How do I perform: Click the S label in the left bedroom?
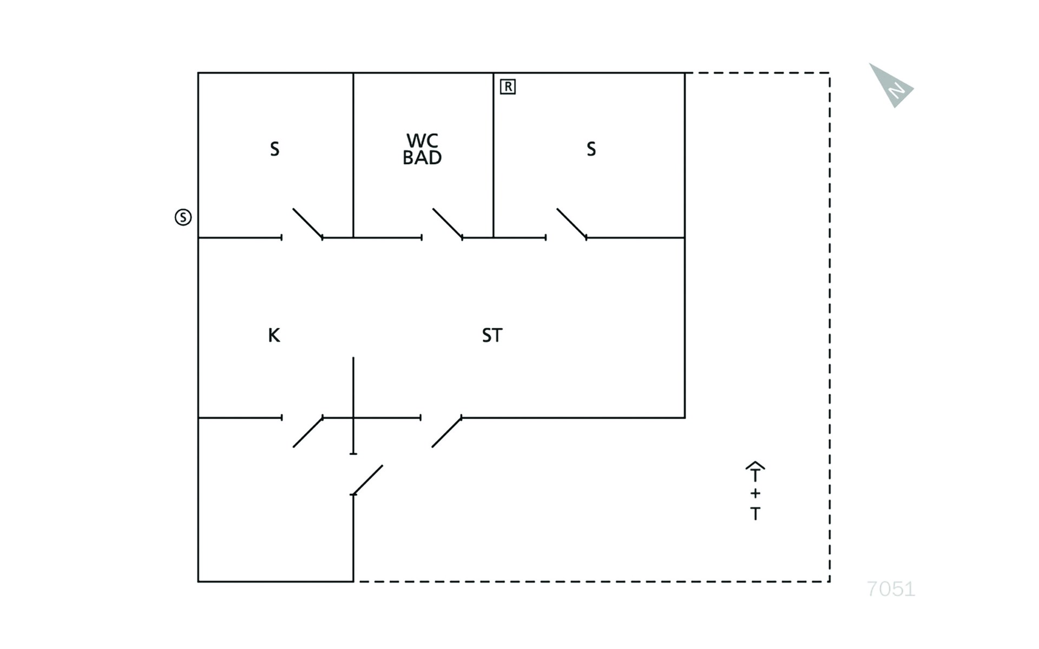(275, 149)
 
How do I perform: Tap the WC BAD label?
(422, 149)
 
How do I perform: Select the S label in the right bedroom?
(591, 149)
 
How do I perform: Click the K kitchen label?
(274, 335)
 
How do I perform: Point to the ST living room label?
(492, 335)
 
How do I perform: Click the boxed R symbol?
(508, 87)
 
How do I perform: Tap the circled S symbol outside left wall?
(183, 217)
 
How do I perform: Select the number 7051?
(891, 589)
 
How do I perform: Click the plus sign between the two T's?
(755, 493)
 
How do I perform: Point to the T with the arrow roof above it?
(755, 472)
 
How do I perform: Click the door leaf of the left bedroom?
(308, 223)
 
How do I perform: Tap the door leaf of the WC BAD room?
(448, 223)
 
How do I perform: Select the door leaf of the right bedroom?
(572, 223)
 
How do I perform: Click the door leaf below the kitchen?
(308, 432)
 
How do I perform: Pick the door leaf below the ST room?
(447, 432)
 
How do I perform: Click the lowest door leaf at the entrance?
(367, 480)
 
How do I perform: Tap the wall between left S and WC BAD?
(353, 155)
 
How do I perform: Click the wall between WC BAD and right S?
(494, 155)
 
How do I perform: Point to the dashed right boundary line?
(830, 327)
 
